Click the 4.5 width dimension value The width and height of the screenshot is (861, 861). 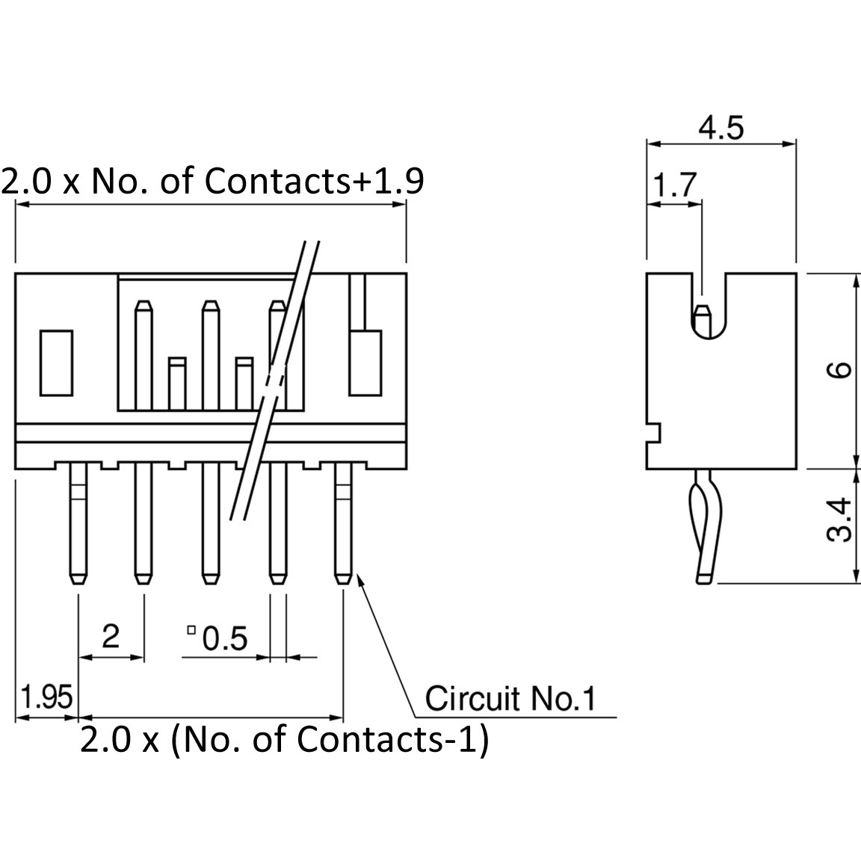click(x=721, y=128)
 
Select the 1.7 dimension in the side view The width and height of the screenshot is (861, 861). click(x=675, y=185)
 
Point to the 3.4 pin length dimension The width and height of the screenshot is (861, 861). click(x=839, y=519)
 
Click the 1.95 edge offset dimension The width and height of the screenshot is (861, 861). click(x=46, y=697)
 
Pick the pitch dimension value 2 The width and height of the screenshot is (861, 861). click(x=111, y=636)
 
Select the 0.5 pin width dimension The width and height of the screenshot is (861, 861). click(x=225, y=638)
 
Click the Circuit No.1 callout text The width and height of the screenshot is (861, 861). click(x=510, y=699)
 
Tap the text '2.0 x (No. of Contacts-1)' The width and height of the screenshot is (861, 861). click(x=284, y=740)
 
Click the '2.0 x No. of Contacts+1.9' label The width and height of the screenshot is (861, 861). click(x=212, y=181)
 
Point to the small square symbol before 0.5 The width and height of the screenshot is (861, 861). click(x=191, y=630)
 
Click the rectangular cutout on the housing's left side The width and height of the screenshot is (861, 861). click(x=56, y=363)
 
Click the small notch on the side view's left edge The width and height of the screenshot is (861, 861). click(x=653, y=433)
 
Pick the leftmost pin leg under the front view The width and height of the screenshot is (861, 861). click(x=78, y=522)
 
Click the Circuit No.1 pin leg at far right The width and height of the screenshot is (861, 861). click(x=343, y=522)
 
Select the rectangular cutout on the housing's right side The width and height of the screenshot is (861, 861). click(x=365, y=363)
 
